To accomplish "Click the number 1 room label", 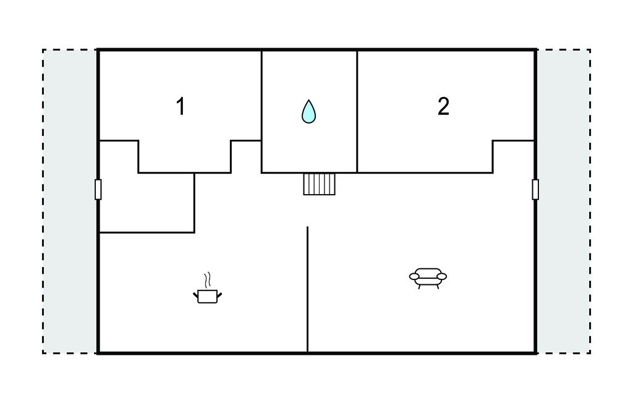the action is (181, 106).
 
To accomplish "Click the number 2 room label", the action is (443, 106).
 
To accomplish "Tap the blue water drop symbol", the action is (309, 111).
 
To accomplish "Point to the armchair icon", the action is (428, 278).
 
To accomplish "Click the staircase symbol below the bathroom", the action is (320, 184).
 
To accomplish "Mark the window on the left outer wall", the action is (98, 189).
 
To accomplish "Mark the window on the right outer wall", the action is (535, 189).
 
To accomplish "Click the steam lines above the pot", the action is (208, 280).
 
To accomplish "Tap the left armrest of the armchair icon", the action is (415, 276).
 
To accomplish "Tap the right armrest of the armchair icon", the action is (441, 276).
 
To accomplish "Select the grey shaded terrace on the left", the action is (69, 201).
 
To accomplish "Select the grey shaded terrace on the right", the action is (564, 201).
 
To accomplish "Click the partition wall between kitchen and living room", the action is (308, 289).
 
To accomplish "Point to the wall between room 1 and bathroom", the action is (261, 111).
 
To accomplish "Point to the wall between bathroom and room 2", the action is (357, 111).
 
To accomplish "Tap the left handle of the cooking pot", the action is (196, 295).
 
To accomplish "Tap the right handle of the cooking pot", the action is (219, 295).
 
